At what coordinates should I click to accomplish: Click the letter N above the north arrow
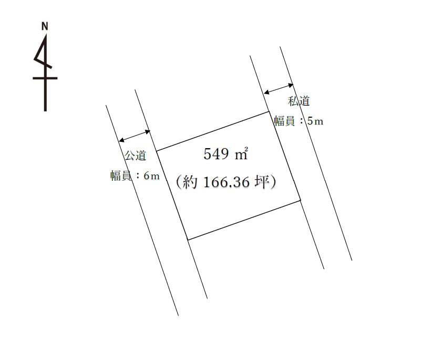coord(45,26)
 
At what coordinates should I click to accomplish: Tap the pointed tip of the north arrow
coord(46,35)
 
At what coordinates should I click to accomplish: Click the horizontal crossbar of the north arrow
coord(45,78)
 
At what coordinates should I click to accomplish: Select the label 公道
coord(136,155)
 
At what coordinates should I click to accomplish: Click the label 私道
coord(299,101)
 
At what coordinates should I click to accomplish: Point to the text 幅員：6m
coord(135,176)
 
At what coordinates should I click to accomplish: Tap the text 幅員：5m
coord(299,121)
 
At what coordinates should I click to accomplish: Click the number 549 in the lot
coord(216,154)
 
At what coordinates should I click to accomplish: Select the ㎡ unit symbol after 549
coord(241,153)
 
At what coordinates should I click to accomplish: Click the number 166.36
coord(227,182)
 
